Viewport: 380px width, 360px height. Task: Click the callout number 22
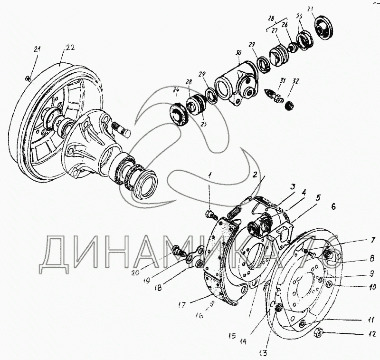(70, 47)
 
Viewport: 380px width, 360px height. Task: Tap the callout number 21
(38, 49)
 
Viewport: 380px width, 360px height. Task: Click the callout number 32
(296, 81)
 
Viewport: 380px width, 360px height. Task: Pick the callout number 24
(176, 90)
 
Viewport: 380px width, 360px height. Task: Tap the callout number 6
(333, 206)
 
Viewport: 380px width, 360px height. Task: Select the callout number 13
(263, 352)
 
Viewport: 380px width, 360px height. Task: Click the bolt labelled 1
(210, 214)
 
